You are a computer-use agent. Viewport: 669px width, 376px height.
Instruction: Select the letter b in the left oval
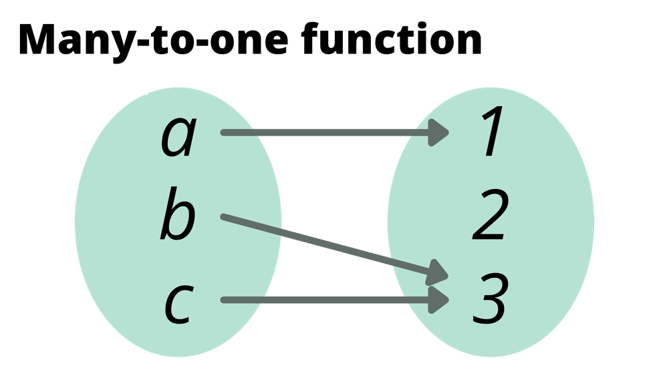click(177, 215)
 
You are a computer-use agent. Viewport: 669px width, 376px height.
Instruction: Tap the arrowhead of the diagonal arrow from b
click(438, 272)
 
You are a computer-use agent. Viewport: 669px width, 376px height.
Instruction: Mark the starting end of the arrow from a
click(225, 133)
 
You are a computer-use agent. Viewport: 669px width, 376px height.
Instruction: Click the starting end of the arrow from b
click(225, 217)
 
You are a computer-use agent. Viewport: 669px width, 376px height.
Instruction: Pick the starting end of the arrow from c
click(225, 301)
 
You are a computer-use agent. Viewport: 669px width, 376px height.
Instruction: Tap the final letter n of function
click(469, 42)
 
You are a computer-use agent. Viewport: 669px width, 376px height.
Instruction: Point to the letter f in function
click(310, 39)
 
